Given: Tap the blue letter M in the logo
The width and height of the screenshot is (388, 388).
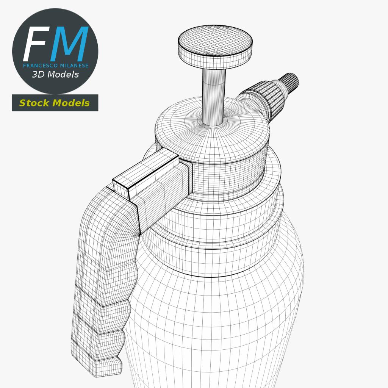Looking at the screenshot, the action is [69, 44].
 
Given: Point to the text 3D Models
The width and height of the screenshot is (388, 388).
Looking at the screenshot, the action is [55, 75].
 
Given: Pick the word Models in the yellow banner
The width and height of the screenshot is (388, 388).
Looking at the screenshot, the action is [71, 103].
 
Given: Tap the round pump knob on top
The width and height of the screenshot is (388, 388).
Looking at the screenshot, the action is [215, 47].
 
